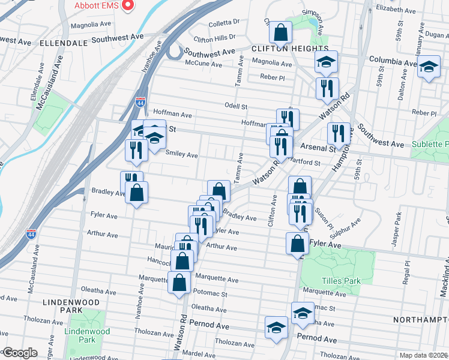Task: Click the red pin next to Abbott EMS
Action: click(127, 5)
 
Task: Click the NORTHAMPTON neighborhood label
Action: click(421, 320)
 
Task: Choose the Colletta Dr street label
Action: click(224, 24)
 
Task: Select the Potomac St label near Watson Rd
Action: click(210, 294)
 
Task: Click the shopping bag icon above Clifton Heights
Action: click(280, 31)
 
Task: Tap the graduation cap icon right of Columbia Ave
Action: click(429, 66)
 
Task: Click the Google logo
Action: click(20, 353)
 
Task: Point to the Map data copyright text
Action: click(424, 355)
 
